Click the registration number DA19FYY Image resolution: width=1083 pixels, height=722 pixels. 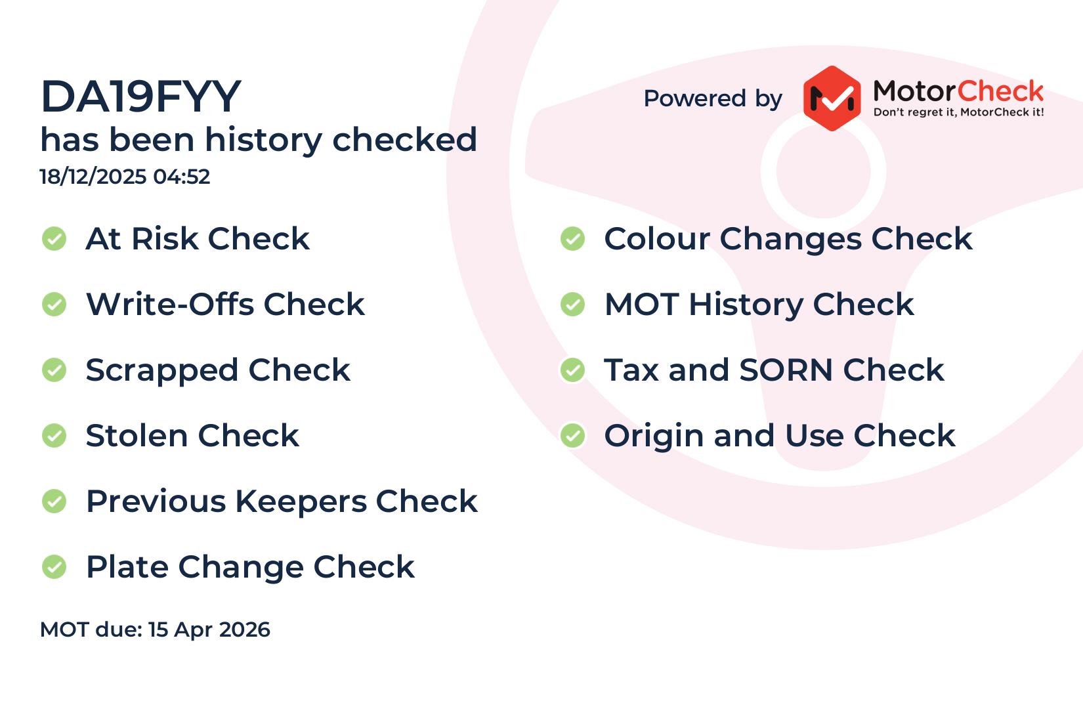(140, 96)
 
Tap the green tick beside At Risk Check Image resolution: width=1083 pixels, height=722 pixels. (54, 239)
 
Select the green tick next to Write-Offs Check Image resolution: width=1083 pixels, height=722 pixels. (54, 305)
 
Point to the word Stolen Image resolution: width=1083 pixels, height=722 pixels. (137, 436)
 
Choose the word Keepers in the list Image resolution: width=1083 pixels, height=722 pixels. (301, 502)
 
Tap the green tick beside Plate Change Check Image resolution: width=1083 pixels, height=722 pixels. (54, 566)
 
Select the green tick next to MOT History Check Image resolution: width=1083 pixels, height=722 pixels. (573, 305)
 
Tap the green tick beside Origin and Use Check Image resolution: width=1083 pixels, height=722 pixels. (573, 436)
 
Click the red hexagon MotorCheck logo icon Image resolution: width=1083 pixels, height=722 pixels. (832, 98)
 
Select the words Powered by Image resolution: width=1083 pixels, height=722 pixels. (713, 99)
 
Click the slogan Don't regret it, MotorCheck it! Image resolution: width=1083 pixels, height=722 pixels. (958, 112)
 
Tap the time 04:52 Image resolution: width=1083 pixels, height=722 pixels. (182, 177)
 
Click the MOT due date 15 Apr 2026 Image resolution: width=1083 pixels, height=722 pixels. (209, 629)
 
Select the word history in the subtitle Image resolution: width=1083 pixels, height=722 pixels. (263, 140)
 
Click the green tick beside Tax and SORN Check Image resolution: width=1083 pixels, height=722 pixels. (573, 370)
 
